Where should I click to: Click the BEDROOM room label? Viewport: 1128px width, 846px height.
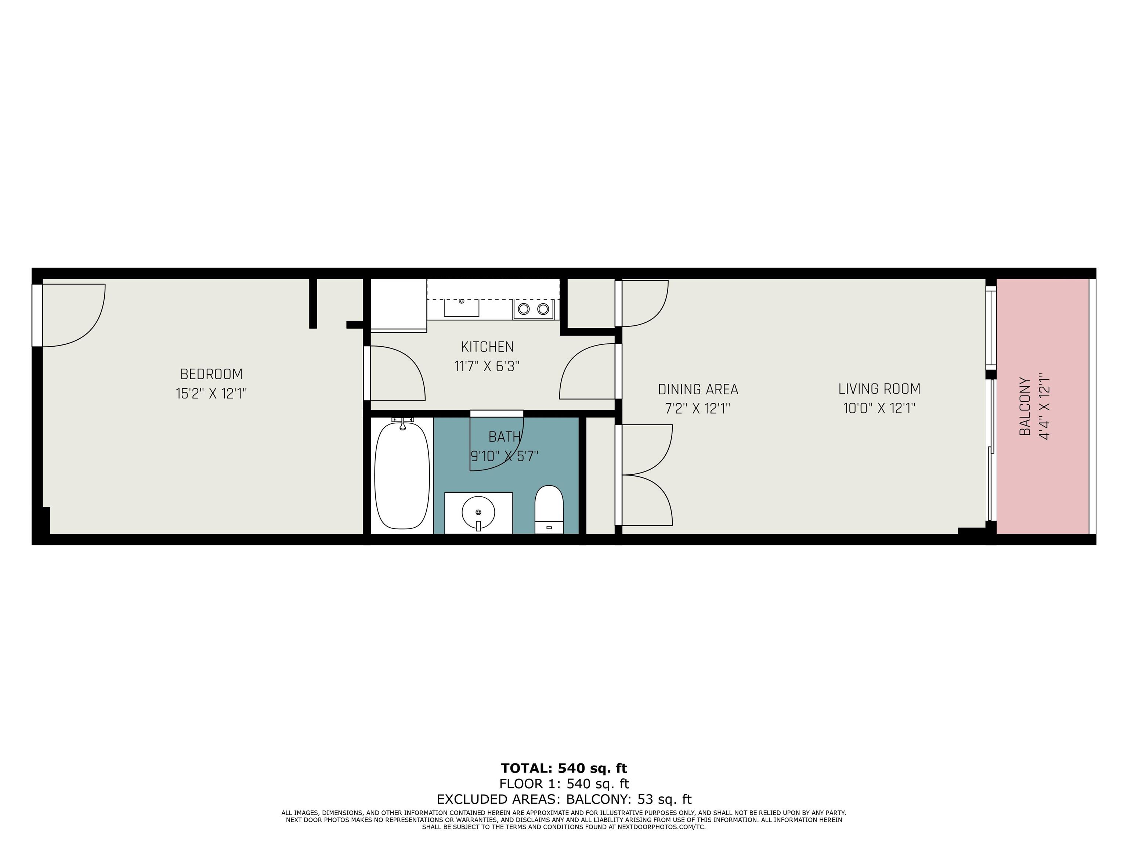click(x=211, y=374)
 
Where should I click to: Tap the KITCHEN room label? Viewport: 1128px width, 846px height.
click(x=487, y=347)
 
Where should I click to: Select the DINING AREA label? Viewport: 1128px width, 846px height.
click(x=698, y=390)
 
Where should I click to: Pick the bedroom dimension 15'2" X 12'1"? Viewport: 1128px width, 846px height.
click(x=211, y=394)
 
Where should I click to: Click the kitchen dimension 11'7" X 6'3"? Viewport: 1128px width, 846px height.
click(x=487, y=366)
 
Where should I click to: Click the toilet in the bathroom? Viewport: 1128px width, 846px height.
click(x=549, y=509)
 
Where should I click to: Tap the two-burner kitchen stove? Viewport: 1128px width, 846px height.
click(x=534, y=308)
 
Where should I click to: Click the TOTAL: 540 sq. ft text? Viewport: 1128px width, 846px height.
click(x=564, y=768)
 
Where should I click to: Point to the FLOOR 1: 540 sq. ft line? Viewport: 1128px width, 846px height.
click(x=564, y=784)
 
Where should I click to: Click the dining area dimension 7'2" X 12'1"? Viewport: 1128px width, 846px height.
click(x=698, y=408)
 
